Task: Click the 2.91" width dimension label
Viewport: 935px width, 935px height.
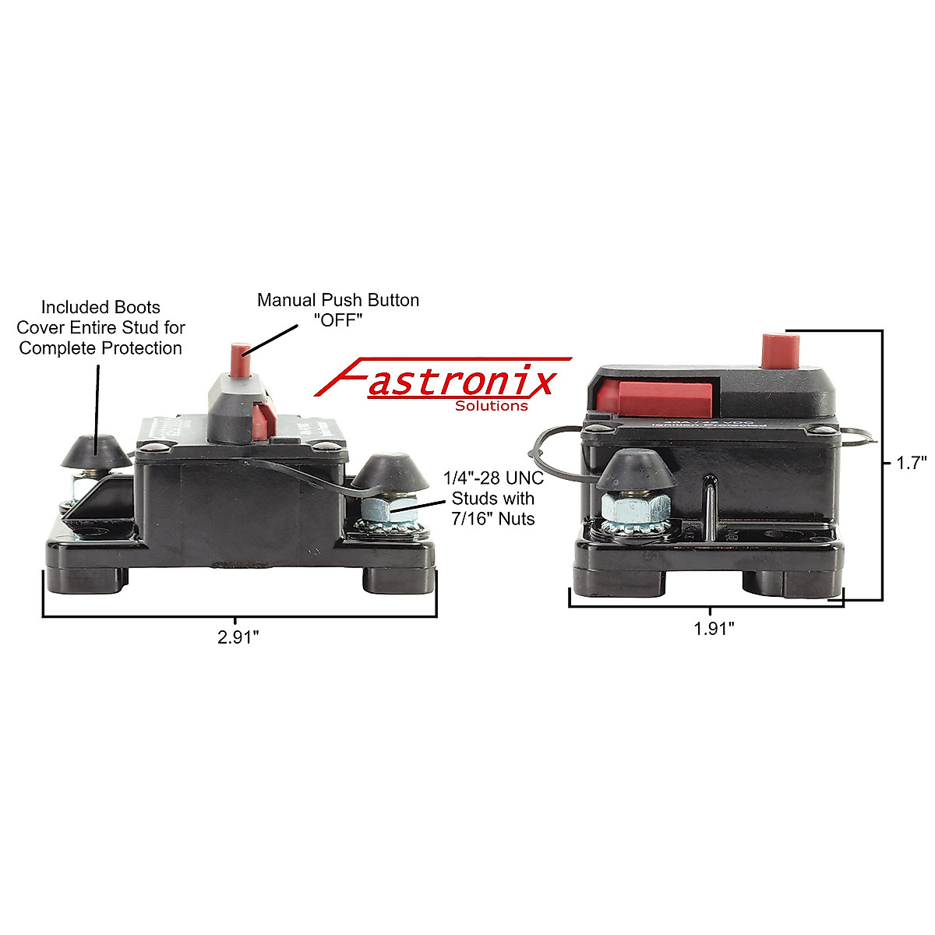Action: (238, 637)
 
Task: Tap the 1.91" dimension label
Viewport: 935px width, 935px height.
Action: (714, 628)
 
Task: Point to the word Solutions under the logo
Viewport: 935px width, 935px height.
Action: (491, 406)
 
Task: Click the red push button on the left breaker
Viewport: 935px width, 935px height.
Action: (238, 358)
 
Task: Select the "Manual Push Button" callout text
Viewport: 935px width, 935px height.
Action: (338, 300)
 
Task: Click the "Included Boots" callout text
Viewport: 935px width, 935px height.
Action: (101, 307)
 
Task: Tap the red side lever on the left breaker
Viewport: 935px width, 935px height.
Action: (265, 419)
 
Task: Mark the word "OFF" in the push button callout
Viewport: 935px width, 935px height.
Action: (338, 320)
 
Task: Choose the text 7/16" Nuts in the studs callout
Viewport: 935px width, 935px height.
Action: (493, 517)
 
